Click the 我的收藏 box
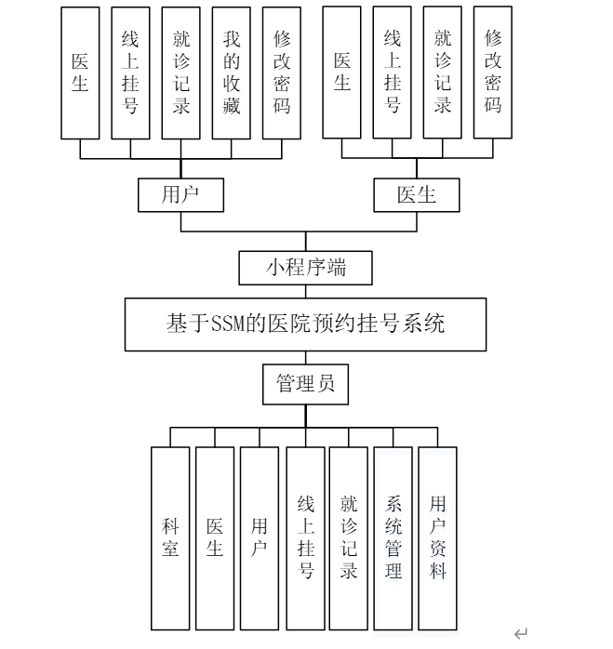click(232, 73)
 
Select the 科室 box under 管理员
click(170, 537)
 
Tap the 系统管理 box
click(393, 537)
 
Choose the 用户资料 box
click(437, 537)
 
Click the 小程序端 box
click(306, 268)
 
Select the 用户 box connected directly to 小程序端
click(180, 194)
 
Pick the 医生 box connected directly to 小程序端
click(416, 194)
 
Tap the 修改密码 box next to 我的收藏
click(282, 73)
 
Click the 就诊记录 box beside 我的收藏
click(181, 73)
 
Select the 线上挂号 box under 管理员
click(306, 537)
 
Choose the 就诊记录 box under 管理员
click(349, 537)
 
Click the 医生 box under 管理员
click(215, 537)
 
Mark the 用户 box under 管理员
click(260, 537)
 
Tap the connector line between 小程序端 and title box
click(306, 291)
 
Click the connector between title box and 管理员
click(306, 358)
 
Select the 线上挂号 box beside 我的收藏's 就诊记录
click(130, 73)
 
